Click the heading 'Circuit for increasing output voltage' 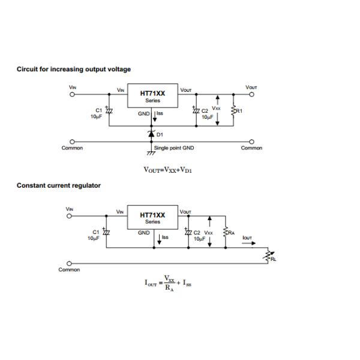pos(73,70)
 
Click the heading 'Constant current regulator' pos(58,185)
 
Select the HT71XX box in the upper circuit pos(152,98)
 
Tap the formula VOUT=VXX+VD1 pos(172,170)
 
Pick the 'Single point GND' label pos(174,148)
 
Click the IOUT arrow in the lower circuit pos(248,244)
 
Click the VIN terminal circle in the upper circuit pos(73,94)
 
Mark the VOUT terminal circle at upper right pos(251,94)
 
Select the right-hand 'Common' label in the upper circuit pos(251,148)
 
